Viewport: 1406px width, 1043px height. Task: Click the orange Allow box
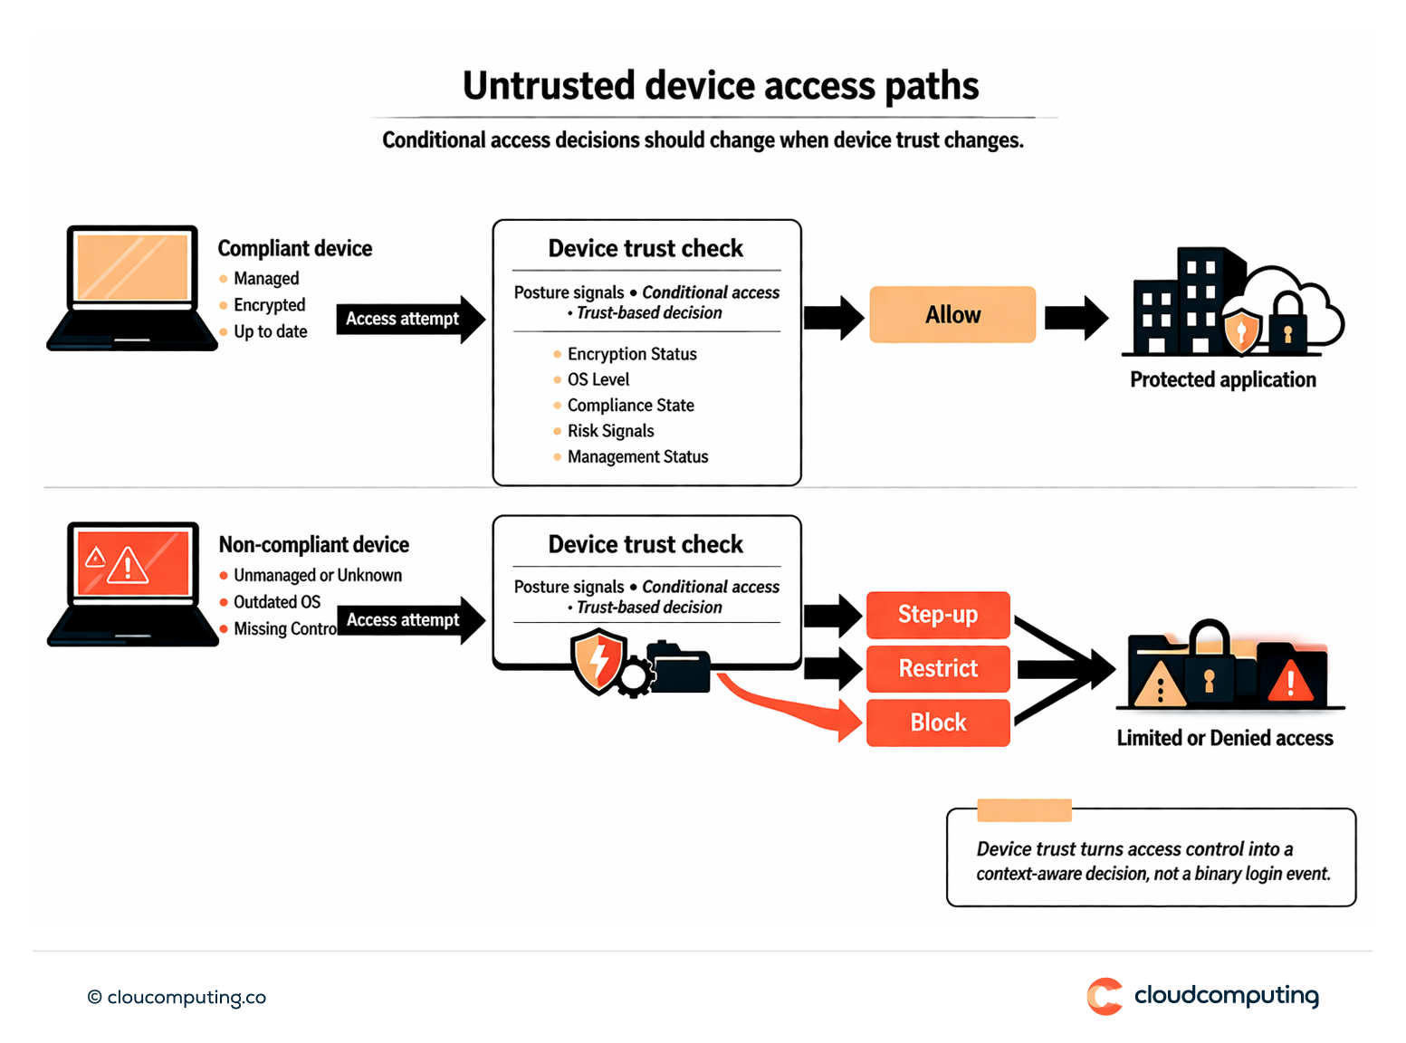952,314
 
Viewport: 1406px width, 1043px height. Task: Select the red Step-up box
937,615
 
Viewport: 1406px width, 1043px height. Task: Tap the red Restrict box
937,668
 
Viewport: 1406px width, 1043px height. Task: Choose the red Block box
937,722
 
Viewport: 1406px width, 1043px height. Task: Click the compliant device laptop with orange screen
132,287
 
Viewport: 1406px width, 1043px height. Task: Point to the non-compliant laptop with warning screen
132,583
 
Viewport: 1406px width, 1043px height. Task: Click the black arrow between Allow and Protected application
1076,318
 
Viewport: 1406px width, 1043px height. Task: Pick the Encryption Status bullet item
631,354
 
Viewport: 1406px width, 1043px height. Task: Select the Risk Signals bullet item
610,431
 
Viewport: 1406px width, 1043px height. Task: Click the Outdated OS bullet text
276,602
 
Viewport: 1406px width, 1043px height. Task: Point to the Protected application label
1222,379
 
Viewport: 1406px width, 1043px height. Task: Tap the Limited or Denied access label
1224,738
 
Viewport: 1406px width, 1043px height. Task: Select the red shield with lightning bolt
598,662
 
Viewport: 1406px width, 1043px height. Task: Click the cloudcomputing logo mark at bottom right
1105,996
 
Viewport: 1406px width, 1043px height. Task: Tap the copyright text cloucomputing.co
177,997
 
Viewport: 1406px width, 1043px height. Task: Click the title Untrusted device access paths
720,86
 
